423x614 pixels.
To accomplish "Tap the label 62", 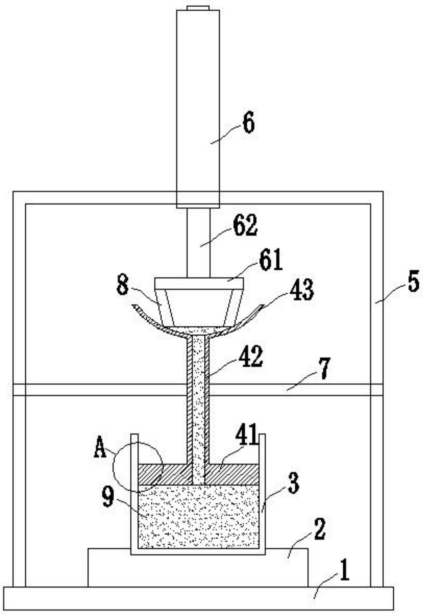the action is point(245,225).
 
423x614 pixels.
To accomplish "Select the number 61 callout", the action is point(271,260).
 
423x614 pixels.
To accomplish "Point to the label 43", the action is point(301,290).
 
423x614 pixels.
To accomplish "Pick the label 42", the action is point(250,356).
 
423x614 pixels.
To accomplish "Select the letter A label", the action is point(100,448).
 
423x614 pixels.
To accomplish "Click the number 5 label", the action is point(413,282).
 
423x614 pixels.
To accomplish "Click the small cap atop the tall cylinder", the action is point(198,8).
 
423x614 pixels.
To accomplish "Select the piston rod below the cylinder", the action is point(198,243).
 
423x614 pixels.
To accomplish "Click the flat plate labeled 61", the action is point(199,283).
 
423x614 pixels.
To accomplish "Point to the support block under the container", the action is point(198,567).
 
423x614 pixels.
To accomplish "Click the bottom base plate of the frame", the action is point(199,598).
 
